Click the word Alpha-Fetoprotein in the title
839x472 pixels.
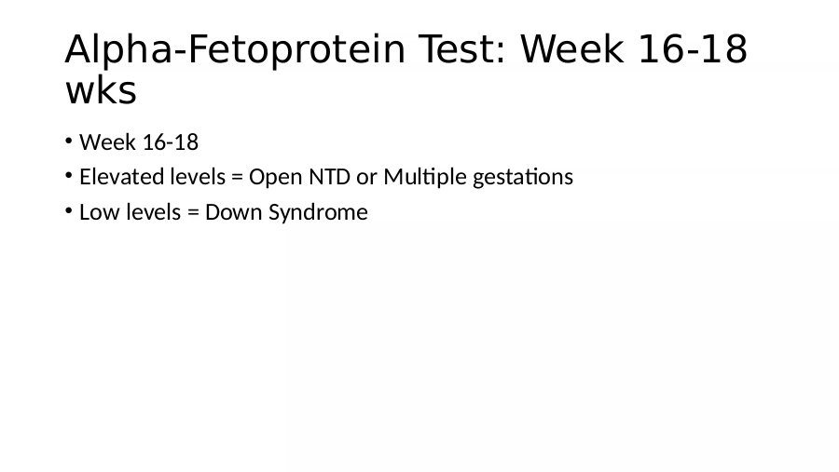pyautogui.click(x=235, y=50)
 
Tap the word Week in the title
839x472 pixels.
pyautogui.click(x=572, y=48)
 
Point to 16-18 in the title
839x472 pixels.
pyautogui.click(x=693, y=48)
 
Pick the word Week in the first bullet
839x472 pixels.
pyautogui.click(x=107, y=142)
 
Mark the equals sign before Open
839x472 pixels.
pyautogui.click(x=237, y=178)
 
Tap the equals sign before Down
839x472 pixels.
pyautogui.click(x=193, y=213)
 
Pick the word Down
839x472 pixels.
pyautogui.click(x=234, y=212)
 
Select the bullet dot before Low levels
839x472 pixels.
pyautogui.click(x=68, y=211)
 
